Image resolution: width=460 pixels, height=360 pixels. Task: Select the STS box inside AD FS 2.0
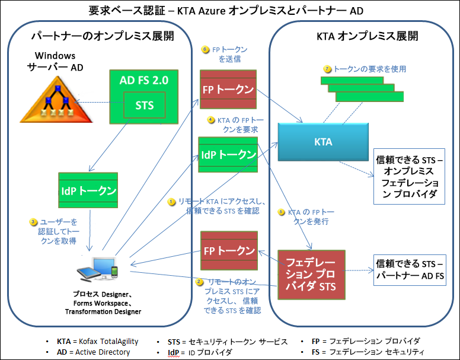[x=144, y=106]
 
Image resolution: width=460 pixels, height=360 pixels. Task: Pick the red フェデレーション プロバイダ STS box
[x=311, y=273]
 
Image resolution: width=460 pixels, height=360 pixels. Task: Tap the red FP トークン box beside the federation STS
[x=228, y=250]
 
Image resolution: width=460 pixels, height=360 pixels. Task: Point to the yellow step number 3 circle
[x=34, y=222]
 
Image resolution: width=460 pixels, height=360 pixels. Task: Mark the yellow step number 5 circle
[x=282, y=212]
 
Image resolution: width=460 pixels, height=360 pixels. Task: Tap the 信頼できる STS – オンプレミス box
[x=408, y=176]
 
